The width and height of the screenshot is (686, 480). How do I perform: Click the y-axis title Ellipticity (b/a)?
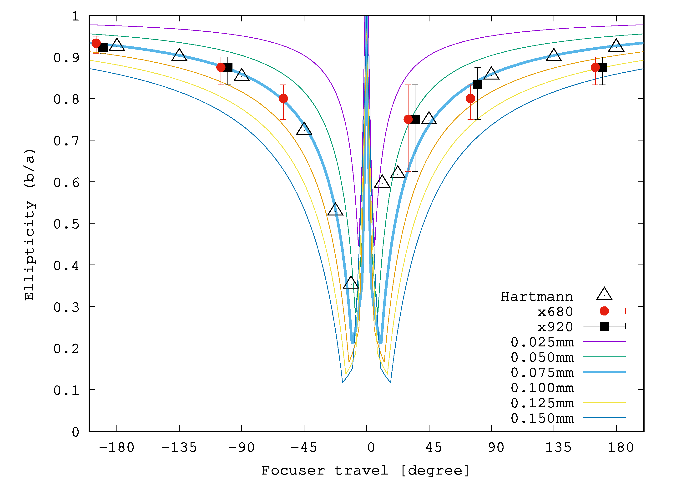[x=30, y=225]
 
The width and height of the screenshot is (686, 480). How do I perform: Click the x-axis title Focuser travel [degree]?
[x=365, y=471]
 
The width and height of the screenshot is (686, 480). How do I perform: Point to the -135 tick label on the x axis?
[x=179, y=447]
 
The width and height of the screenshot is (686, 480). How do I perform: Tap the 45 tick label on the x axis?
[x=434, y=447]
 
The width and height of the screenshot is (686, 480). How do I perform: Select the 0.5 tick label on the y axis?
[x=66, y=224]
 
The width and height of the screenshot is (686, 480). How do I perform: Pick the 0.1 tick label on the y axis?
[x=66, y=390]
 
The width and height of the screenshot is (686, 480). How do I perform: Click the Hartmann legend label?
[x=537, y=297]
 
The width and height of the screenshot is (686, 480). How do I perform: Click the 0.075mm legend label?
[x=542, y=372]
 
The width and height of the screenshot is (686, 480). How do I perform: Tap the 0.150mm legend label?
[x=542, y=418]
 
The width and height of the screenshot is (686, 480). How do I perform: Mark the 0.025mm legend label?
[x=542, y=342]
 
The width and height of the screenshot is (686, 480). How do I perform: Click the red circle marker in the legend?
[x=604, y=311]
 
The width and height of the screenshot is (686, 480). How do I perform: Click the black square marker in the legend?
[x=604, y=326]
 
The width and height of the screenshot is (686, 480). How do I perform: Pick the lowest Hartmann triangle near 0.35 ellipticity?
[x=351, y=283]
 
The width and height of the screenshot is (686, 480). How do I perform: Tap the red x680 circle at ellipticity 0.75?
[x=408, y=120]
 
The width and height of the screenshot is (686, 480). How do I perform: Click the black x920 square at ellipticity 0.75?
[x=415, y=120]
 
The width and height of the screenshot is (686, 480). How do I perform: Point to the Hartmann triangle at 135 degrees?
[x=554, y=55]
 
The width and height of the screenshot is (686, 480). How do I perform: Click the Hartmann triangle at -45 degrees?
[x=304, y=129]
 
